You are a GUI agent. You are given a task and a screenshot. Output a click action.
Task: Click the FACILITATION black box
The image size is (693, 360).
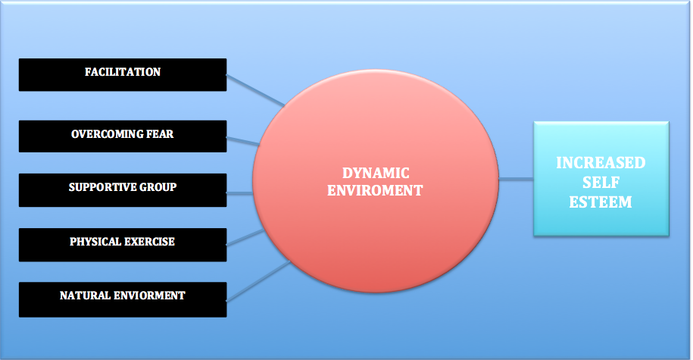122,74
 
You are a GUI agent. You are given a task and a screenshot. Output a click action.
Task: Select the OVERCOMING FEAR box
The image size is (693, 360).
122,136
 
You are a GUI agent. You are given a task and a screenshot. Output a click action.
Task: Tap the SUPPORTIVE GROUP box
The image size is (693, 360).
122,189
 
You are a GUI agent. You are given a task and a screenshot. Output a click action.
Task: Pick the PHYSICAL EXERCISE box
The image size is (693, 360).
122,243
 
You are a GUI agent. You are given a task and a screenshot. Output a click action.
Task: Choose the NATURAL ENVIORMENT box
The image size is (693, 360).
122,297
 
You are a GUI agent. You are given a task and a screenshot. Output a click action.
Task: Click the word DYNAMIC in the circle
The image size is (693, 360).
375,173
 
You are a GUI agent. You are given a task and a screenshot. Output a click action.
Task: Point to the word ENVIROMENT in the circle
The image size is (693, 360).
375,191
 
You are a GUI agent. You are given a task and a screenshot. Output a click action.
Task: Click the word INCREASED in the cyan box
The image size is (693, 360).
601,164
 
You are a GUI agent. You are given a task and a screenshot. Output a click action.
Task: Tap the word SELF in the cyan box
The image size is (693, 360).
601,183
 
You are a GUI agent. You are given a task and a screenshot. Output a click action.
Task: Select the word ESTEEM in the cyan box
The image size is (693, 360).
601,202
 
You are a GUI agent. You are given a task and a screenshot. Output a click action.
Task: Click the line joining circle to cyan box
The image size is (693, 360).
517,180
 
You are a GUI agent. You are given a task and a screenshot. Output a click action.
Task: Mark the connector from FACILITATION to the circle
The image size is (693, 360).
255,90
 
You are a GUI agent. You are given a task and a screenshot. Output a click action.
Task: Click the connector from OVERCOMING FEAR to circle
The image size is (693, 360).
243,141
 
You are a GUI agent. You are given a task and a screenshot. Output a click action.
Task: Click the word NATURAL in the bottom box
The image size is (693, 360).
86,296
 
